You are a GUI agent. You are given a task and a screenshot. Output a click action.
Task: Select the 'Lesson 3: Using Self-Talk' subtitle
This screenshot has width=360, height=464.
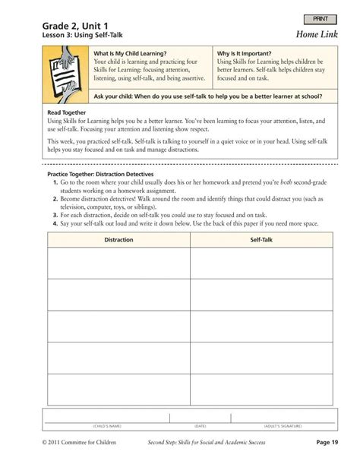[x=83, y=35]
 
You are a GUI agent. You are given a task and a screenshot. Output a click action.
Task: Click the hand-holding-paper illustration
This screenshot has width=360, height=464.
[x=66, y=75]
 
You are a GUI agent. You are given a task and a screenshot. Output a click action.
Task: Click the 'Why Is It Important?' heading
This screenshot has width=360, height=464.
[x=245, y=54]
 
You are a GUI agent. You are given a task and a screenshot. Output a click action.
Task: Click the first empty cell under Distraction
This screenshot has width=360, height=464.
[x=118, y=263]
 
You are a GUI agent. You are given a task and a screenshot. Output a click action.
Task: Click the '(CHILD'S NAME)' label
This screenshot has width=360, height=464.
[x=107, y=426]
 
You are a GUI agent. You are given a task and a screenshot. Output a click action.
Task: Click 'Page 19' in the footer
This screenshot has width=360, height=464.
[x=327, y=441]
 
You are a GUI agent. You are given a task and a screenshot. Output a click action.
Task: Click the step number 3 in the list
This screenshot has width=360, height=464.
[x=55, y=215]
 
